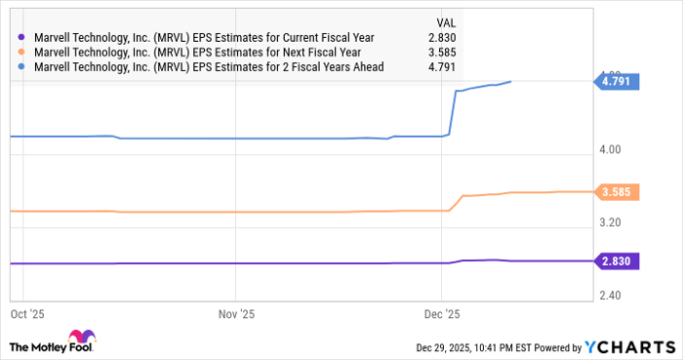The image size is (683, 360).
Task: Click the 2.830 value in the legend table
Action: coord(444,37)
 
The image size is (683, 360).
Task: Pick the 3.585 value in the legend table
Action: coord(444,52)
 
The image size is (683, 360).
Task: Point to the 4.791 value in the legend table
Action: coord(444,66)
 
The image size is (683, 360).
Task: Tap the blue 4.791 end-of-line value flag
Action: coord(618,82)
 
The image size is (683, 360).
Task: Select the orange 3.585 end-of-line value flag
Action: coord(618,192)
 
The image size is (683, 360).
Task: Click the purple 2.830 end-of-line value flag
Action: coord(618,260)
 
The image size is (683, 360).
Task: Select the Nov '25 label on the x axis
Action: coord(237,315)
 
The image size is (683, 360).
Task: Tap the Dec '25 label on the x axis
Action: coord(442,315)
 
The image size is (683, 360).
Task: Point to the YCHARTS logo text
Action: coord(630,347)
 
